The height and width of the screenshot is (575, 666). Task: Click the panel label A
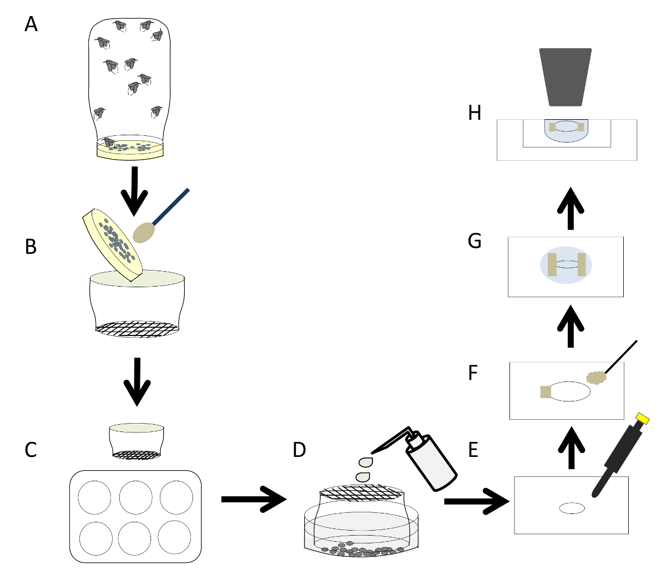click(31, 24)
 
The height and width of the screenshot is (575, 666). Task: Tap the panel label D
click(299, 450)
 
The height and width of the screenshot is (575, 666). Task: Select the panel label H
click(475, 113)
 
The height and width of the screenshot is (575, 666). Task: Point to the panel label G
click(475, 242)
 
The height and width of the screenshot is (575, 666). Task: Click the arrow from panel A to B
click(134, 190)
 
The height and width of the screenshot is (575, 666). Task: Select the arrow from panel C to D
click(253, 500)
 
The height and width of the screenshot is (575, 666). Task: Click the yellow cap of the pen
click(643, 419)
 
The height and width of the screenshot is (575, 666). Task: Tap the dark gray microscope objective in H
click(566, 77)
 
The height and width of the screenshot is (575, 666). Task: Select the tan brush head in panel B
click(144, 232)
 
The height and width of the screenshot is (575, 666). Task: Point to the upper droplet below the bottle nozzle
click(366, 461)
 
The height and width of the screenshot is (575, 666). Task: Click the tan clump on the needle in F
click(597, 378)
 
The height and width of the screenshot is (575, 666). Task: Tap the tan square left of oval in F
click(546, 391)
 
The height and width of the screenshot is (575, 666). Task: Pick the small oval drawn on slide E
click(572, 508)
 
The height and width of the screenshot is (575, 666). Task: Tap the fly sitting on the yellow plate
click(109, 143)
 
